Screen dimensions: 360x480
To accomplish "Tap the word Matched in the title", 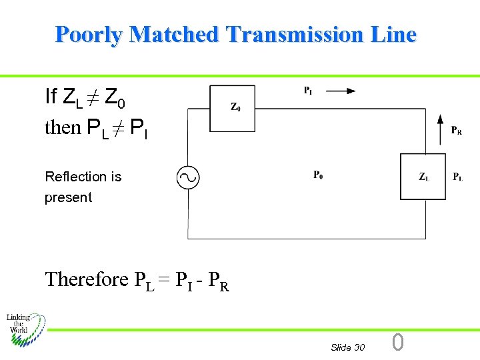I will [x=174, y=34].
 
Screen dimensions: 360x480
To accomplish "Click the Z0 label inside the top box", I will [x=235, y=107].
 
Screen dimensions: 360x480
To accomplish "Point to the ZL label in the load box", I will [x=424, y=177].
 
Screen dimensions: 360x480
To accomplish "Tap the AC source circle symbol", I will [x=187, y=177].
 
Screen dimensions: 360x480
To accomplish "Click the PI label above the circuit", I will [x=308, y=91].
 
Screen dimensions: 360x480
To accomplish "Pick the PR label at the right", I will [x=457, y=131].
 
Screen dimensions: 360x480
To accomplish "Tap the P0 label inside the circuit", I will [x=318, y=175].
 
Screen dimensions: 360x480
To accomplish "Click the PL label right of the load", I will [x=458, y=177].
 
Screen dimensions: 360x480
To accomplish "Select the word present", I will [x=68, y=197].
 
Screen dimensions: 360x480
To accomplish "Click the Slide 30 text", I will [x=347, y=347].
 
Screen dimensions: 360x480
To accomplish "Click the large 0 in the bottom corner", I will [x=397, y=343].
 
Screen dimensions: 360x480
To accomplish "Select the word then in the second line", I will [x=62, y=127].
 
